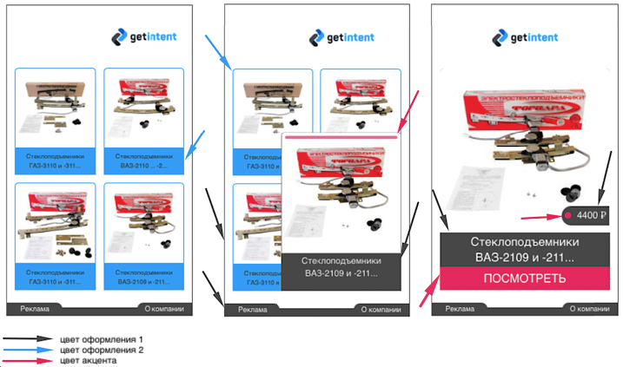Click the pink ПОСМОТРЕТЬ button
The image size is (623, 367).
525,279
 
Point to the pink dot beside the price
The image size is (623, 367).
568,215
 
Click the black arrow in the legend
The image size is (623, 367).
28,339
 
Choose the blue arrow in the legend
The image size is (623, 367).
28,350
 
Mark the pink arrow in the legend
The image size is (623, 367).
28,359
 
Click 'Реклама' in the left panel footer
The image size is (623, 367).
35,309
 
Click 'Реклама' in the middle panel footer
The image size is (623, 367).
253,309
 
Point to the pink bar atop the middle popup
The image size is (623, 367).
342,136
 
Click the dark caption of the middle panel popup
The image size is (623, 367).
342,266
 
